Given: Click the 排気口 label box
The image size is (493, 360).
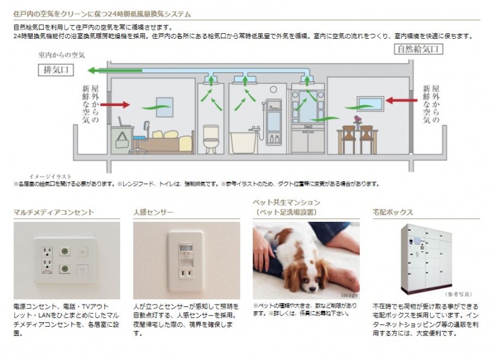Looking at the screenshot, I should tap(56, 70).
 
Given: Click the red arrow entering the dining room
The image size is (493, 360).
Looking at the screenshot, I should tap(401, 99).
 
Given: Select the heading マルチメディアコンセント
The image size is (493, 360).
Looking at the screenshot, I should tap(54, 212).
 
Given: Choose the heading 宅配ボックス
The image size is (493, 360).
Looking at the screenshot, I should tap(393, 212).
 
